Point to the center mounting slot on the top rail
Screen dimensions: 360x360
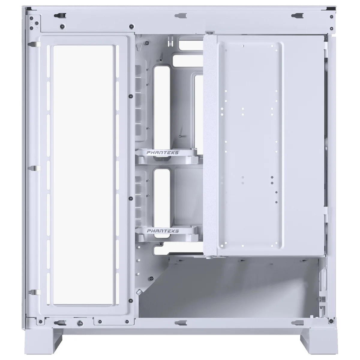180,15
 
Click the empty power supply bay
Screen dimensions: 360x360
228,288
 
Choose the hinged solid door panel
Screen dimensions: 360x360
264,144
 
